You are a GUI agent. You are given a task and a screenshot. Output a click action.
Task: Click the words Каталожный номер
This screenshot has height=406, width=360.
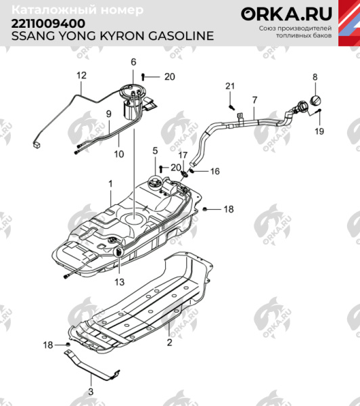pyautogui.click(x=78, y=10)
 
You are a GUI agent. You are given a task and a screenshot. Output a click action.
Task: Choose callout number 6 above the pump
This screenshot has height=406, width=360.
pyautogui.click(x=133, y=62)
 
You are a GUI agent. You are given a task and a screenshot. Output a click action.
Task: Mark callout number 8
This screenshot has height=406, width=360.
pyautogui.click(x=314, y=78)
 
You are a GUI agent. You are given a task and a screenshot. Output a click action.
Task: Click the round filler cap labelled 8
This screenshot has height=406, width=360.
pyautogui.click(x=315, y=101)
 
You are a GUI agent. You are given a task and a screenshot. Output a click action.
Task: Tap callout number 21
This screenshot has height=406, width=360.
pyautogui.click(x=229, y=85)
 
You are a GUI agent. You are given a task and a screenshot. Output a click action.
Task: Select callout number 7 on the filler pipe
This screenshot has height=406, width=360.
pyautogui.click(x=254, y=100)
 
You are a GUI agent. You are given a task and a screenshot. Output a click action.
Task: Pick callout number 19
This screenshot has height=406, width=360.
pyautogui.click(x=319, y=132)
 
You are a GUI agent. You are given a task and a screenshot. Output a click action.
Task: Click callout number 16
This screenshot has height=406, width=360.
pyautogui.click(x=215, y=172)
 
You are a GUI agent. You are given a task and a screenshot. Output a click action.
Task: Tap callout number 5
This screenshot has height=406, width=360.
pyautogui.click(x=154, y=150)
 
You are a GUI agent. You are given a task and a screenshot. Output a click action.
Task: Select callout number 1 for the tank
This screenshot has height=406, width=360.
pyautogui.click(x=110, y=183)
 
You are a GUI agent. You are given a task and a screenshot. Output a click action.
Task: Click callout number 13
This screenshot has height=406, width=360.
pyautogui.click(x=119, y=281)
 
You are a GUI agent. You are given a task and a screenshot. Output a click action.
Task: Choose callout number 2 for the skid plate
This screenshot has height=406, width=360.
pyautogui.click(x=169, y=343)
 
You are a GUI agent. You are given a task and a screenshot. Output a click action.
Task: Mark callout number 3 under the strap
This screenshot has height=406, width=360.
pyautogui.click(x=91, y=391)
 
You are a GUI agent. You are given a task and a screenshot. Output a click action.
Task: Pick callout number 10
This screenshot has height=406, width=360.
pyautogui.click(x=118, y=154)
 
